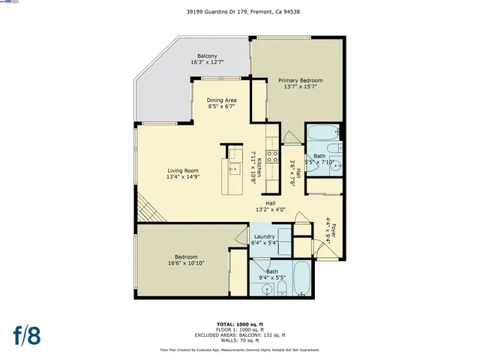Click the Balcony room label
tap(207, 56)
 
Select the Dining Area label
tap(222, 100)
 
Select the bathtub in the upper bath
tap(322, 136)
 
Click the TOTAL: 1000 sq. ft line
tap(239, 323)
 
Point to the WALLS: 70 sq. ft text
tap(239, 341)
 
